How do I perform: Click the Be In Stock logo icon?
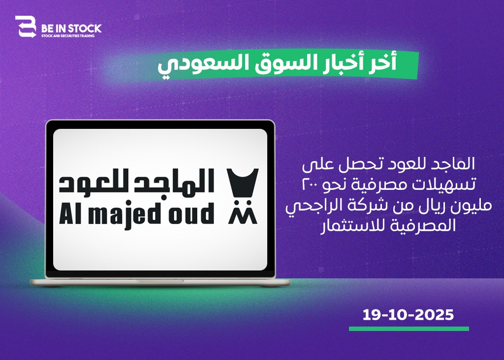tap(26, 27)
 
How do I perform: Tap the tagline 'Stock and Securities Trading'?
tap(68, 36)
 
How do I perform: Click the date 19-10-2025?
tap(408, 315)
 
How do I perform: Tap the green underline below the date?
tap(409, 329)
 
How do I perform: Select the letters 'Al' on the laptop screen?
tap(71, 213)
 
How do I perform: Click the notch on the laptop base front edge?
tap(160, 281)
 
